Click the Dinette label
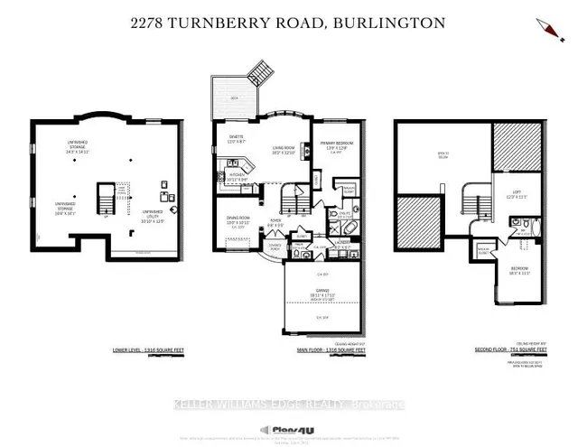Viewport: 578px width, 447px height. pyautogui.click(x=237, y=139)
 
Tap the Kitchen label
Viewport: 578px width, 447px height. pyautogui.click(x=236, y=176)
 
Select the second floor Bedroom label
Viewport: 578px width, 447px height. pyautogui.click(x=516, y=269)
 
